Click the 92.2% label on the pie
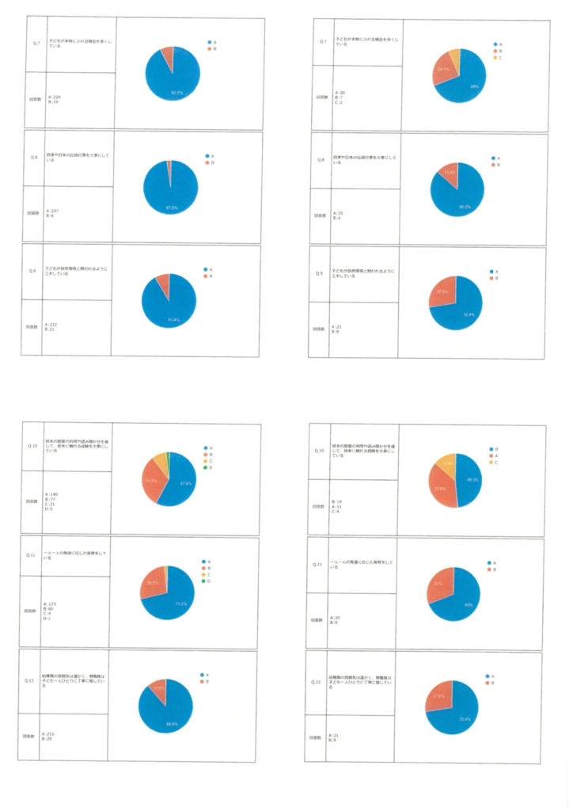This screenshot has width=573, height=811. coord(176,93)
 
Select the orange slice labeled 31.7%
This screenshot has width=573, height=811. coord(153,481)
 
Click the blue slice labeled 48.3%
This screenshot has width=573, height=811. coord(470,480)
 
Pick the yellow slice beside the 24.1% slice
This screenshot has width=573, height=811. coord(454,55)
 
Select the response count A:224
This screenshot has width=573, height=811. coord(55,97)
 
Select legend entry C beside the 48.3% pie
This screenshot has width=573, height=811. coord(496,463)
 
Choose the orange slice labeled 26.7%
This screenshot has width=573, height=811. coord(150,584)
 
